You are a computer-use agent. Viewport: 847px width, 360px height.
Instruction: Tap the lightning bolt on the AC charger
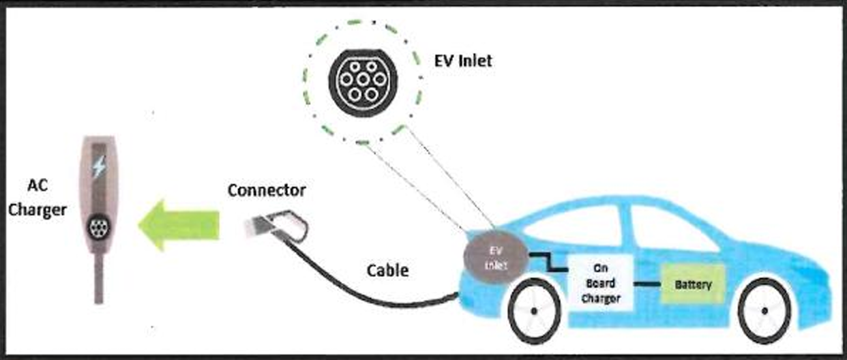[100, 166]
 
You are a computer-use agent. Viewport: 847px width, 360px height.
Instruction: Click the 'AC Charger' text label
[38, 198]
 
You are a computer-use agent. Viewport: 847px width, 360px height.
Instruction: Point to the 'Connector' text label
[266, 190]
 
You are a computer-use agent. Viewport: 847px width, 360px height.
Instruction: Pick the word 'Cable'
[387, 271]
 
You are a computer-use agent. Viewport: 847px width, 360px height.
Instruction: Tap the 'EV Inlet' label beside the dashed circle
[463, 61]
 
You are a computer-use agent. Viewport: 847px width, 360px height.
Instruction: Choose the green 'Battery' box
[692, 284]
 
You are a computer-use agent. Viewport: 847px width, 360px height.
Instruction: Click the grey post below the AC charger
[100, 280]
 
